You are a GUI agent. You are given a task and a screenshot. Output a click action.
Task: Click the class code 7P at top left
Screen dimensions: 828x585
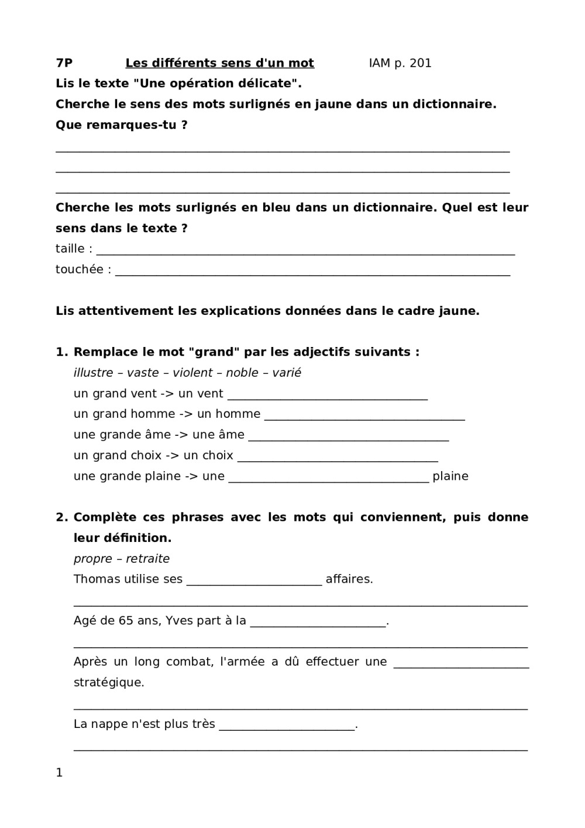coord(64,63)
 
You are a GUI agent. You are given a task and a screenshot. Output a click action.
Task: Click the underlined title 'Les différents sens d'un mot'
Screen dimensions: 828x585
coord(219,63)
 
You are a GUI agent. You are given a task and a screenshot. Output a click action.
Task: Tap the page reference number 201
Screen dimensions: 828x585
coord(421,63)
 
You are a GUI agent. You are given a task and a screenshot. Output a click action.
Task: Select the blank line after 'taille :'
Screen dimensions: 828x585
coord(305,252)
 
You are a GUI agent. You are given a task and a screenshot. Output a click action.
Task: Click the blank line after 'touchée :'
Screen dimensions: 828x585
coord(312,272)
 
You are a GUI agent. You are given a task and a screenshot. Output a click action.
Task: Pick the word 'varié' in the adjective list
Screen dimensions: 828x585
coord(287,373)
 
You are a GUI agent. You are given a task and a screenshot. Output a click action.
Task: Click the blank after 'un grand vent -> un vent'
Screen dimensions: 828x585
coord(328,397)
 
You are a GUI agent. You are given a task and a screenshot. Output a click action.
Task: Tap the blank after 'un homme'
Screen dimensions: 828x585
coord(364,417)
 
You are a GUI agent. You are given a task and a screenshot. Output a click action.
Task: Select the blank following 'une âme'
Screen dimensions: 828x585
coord(349,438)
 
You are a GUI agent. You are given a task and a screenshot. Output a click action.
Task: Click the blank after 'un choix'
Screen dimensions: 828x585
coord(338,458)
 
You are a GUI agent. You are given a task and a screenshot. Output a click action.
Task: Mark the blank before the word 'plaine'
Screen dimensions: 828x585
coord(329,479)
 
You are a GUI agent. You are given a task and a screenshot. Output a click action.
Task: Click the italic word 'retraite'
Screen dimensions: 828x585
coord(148,559)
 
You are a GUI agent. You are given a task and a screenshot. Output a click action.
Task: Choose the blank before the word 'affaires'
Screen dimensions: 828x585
coord(254,582)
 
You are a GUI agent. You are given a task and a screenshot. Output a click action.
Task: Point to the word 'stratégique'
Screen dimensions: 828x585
coord(109,682)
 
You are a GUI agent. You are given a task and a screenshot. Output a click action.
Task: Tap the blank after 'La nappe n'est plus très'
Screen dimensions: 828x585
coord(287,727)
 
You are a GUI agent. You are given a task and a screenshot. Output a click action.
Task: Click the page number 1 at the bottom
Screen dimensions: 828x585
coord(59,772)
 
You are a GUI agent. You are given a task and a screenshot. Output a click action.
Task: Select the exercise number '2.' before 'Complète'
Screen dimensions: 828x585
coord(62,517)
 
